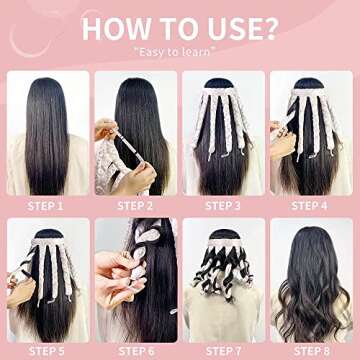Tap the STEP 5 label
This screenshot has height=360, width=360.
coord(46,351)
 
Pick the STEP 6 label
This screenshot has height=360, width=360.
coord(135,351)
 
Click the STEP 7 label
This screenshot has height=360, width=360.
coord(224,351)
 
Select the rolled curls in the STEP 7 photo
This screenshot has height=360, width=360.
coord(224,275)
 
